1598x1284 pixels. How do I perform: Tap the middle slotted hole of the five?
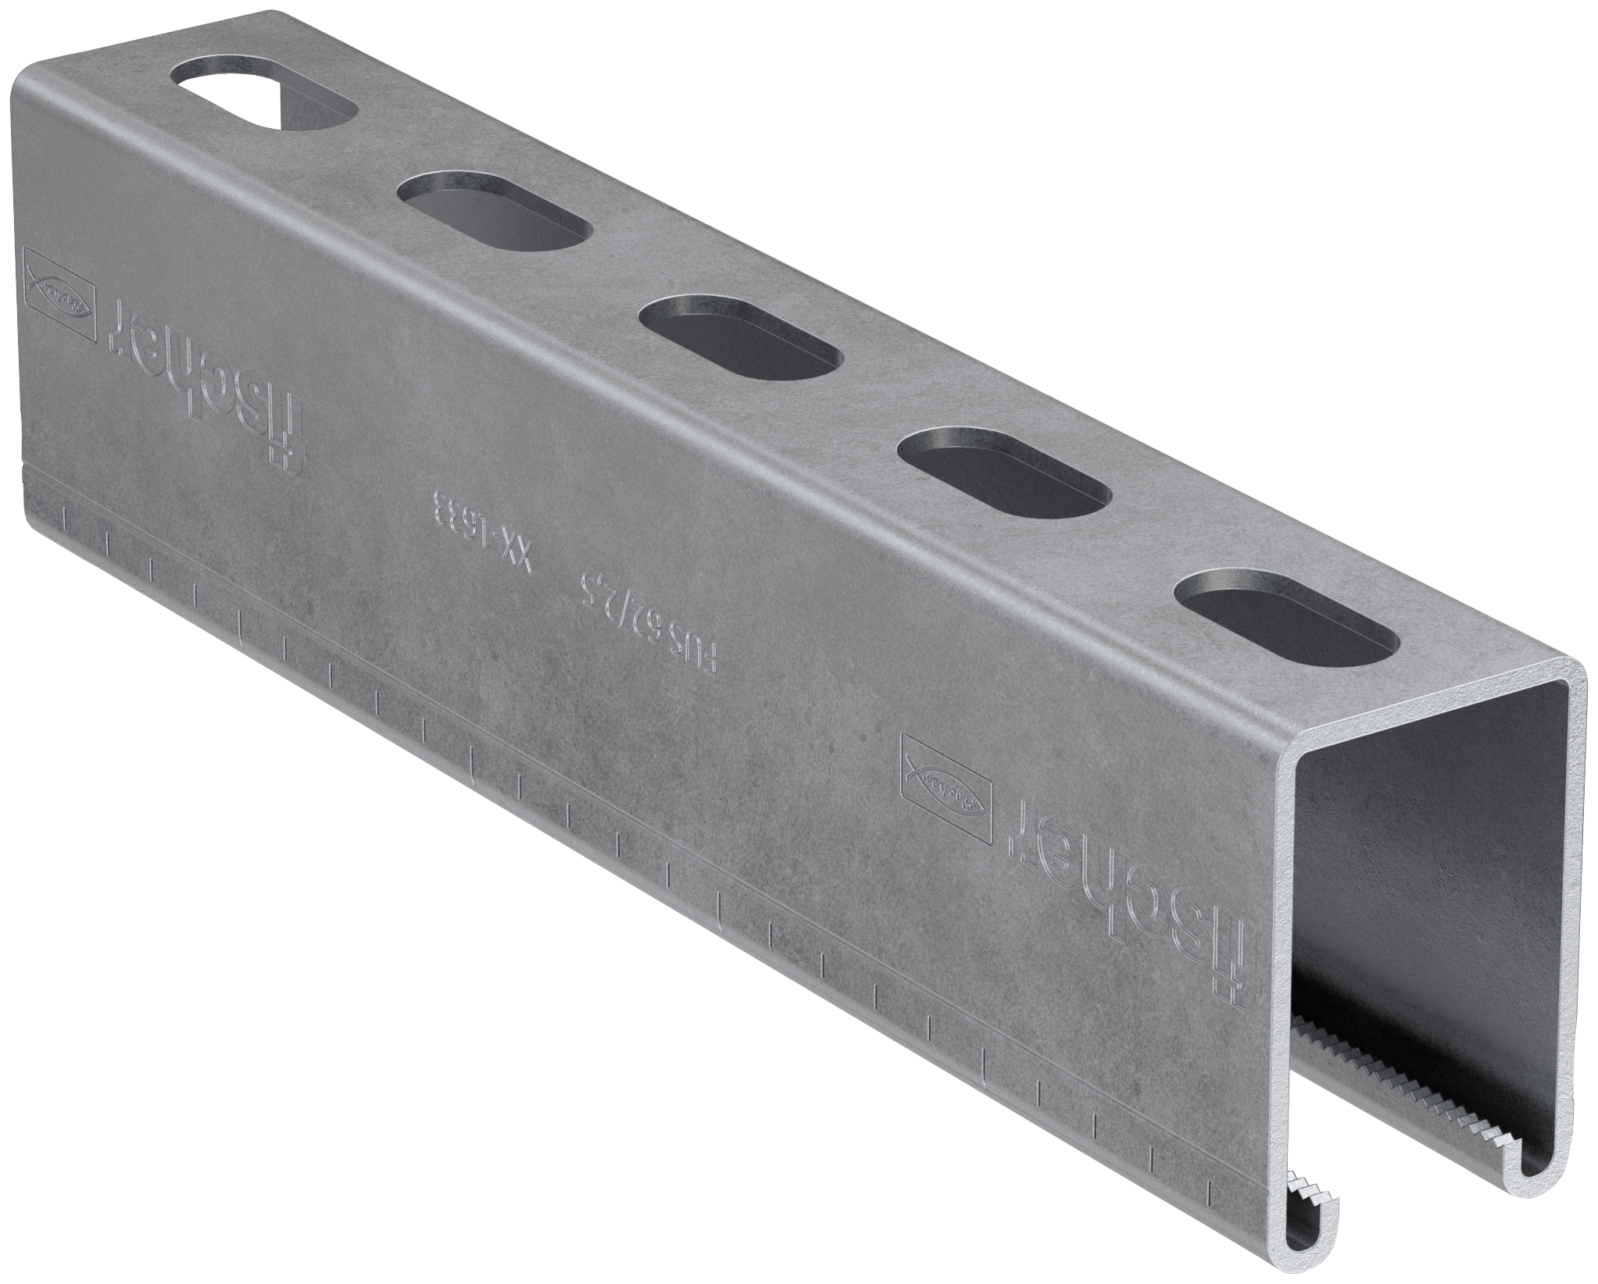click(741, 337)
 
